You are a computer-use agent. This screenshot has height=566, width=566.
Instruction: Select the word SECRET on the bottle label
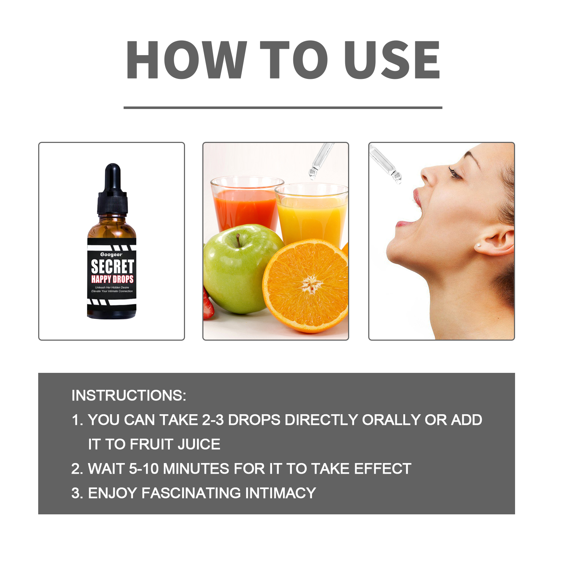(112, 266)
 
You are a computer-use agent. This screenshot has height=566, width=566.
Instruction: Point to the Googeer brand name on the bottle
(111, 254)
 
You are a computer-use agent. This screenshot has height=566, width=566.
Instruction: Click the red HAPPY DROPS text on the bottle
(112, 279)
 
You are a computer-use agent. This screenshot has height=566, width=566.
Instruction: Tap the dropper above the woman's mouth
(385, 164)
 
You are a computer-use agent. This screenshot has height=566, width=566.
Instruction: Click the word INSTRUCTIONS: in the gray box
(129, 395)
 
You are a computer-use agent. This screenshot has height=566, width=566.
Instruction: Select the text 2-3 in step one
(213, 420)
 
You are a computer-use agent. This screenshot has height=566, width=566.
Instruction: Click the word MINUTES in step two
(196, 469)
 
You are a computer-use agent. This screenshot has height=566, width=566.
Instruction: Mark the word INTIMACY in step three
(281, 493)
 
